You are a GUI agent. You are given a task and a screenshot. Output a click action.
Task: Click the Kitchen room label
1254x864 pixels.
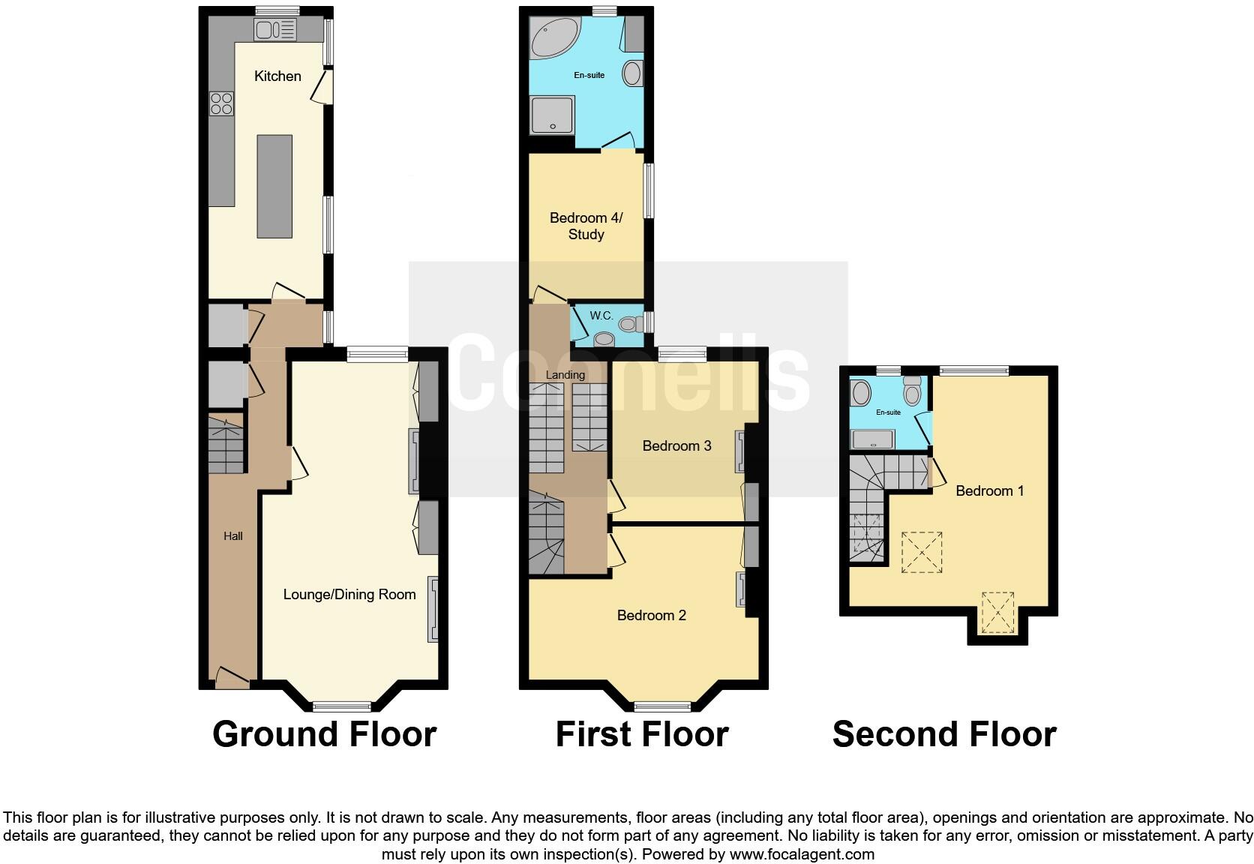tap(277, 76)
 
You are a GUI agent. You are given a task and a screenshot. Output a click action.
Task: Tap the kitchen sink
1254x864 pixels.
tap(275, 30)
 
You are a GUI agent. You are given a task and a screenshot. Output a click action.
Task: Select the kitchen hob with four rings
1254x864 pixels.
tap(222, 103)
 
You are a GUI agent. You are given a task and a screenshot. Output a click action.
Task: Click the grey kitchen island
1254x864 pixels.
tap(274, 186)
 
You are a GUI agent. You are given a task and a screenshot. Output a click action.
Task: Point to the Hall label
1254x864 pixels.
tap(233, 536)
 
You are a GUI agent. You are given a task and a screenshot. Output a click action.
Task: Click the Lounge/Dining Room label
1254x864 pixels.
tap(349, 595)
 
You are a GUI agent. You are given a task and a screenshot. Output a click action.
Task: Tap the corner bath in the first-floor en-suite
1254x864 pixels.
tap(551, 37)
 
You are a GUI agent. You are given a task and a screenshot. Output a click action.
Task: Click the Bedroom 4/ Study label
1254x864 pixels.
tap(586, 226)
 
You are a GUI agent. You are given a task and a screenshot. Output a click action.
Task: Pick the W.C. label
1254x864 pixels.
tap(601, 316)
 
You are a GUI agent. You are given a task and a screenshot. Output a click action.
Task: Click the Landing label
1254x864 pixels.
tap(565, 375)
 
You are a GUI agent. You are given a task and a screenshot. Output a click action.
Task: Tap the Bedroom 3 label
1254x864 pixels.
tap(676, 446)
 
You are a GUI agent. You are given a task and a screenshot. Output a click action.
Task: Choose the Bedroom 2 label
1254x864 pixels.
tap(651, 616)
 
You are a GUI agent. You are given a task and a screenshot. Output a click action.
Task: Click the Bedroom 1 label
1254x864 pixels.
tap(990, 491)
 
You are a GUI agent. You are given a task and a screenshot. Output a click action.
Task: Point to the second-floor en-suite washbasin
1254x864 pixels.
tap(861, 392)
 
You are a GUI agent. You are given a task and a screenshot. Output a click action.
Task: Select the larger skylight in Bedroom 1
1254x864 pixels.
tap(922, 552)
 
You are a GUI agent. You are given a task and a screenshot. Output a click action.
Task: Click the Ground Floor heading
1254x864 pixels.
tap(324, 734)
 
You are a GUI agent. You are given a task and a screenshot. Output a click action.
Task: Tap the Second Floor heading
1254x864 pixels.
tap(944, 734)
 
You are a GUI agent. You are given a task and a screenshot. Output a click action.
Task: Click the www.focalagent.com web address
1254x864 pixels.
tap(802, 854)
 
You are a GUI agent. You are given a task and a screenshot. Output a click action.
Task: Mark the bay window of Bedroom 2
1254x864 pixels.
tap(662, 706)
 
